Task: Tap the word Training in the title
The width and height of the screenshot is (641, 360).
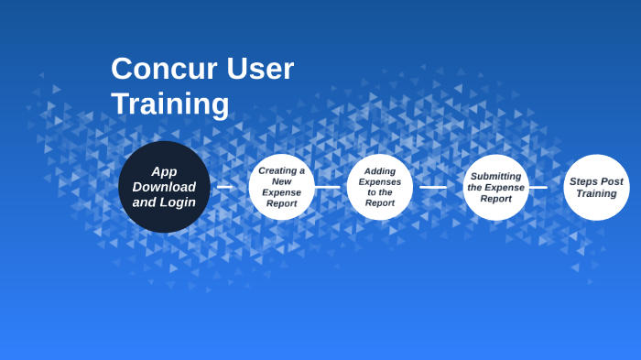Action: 169,104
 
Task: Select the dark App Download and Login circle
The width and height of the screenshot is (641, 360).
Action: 164,186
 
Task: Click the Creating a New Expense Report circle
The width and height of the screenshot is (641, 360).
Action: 282,187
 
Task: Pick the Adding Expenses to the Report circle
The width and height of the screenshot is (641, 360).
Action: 379,187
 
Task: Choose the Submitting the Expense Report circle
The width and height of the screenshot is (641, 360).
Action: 495,187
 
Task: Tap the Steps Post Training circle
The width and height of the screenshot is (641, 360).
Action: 596,187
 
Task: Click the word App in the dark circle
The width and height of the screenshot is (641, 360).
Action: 164,171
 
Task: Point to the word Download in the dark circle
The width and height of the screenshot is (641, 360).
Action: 164,187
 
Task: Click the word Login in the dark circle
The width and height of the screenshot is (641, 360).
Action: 177,202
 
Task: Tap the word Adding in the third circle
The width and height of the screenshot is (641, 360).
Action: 379,170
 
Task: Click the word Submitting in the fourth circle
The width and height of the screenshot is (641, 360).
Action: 495,176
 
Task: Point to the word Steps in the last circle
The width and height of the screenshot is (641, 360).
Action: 583,181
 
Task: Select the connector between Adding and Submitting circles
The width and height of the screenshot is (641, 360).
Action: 433,187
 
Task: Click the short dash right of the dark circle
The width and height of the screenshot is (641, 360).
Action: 224,187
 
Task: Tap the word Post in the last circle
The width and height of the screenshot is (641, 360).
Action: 612,181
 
